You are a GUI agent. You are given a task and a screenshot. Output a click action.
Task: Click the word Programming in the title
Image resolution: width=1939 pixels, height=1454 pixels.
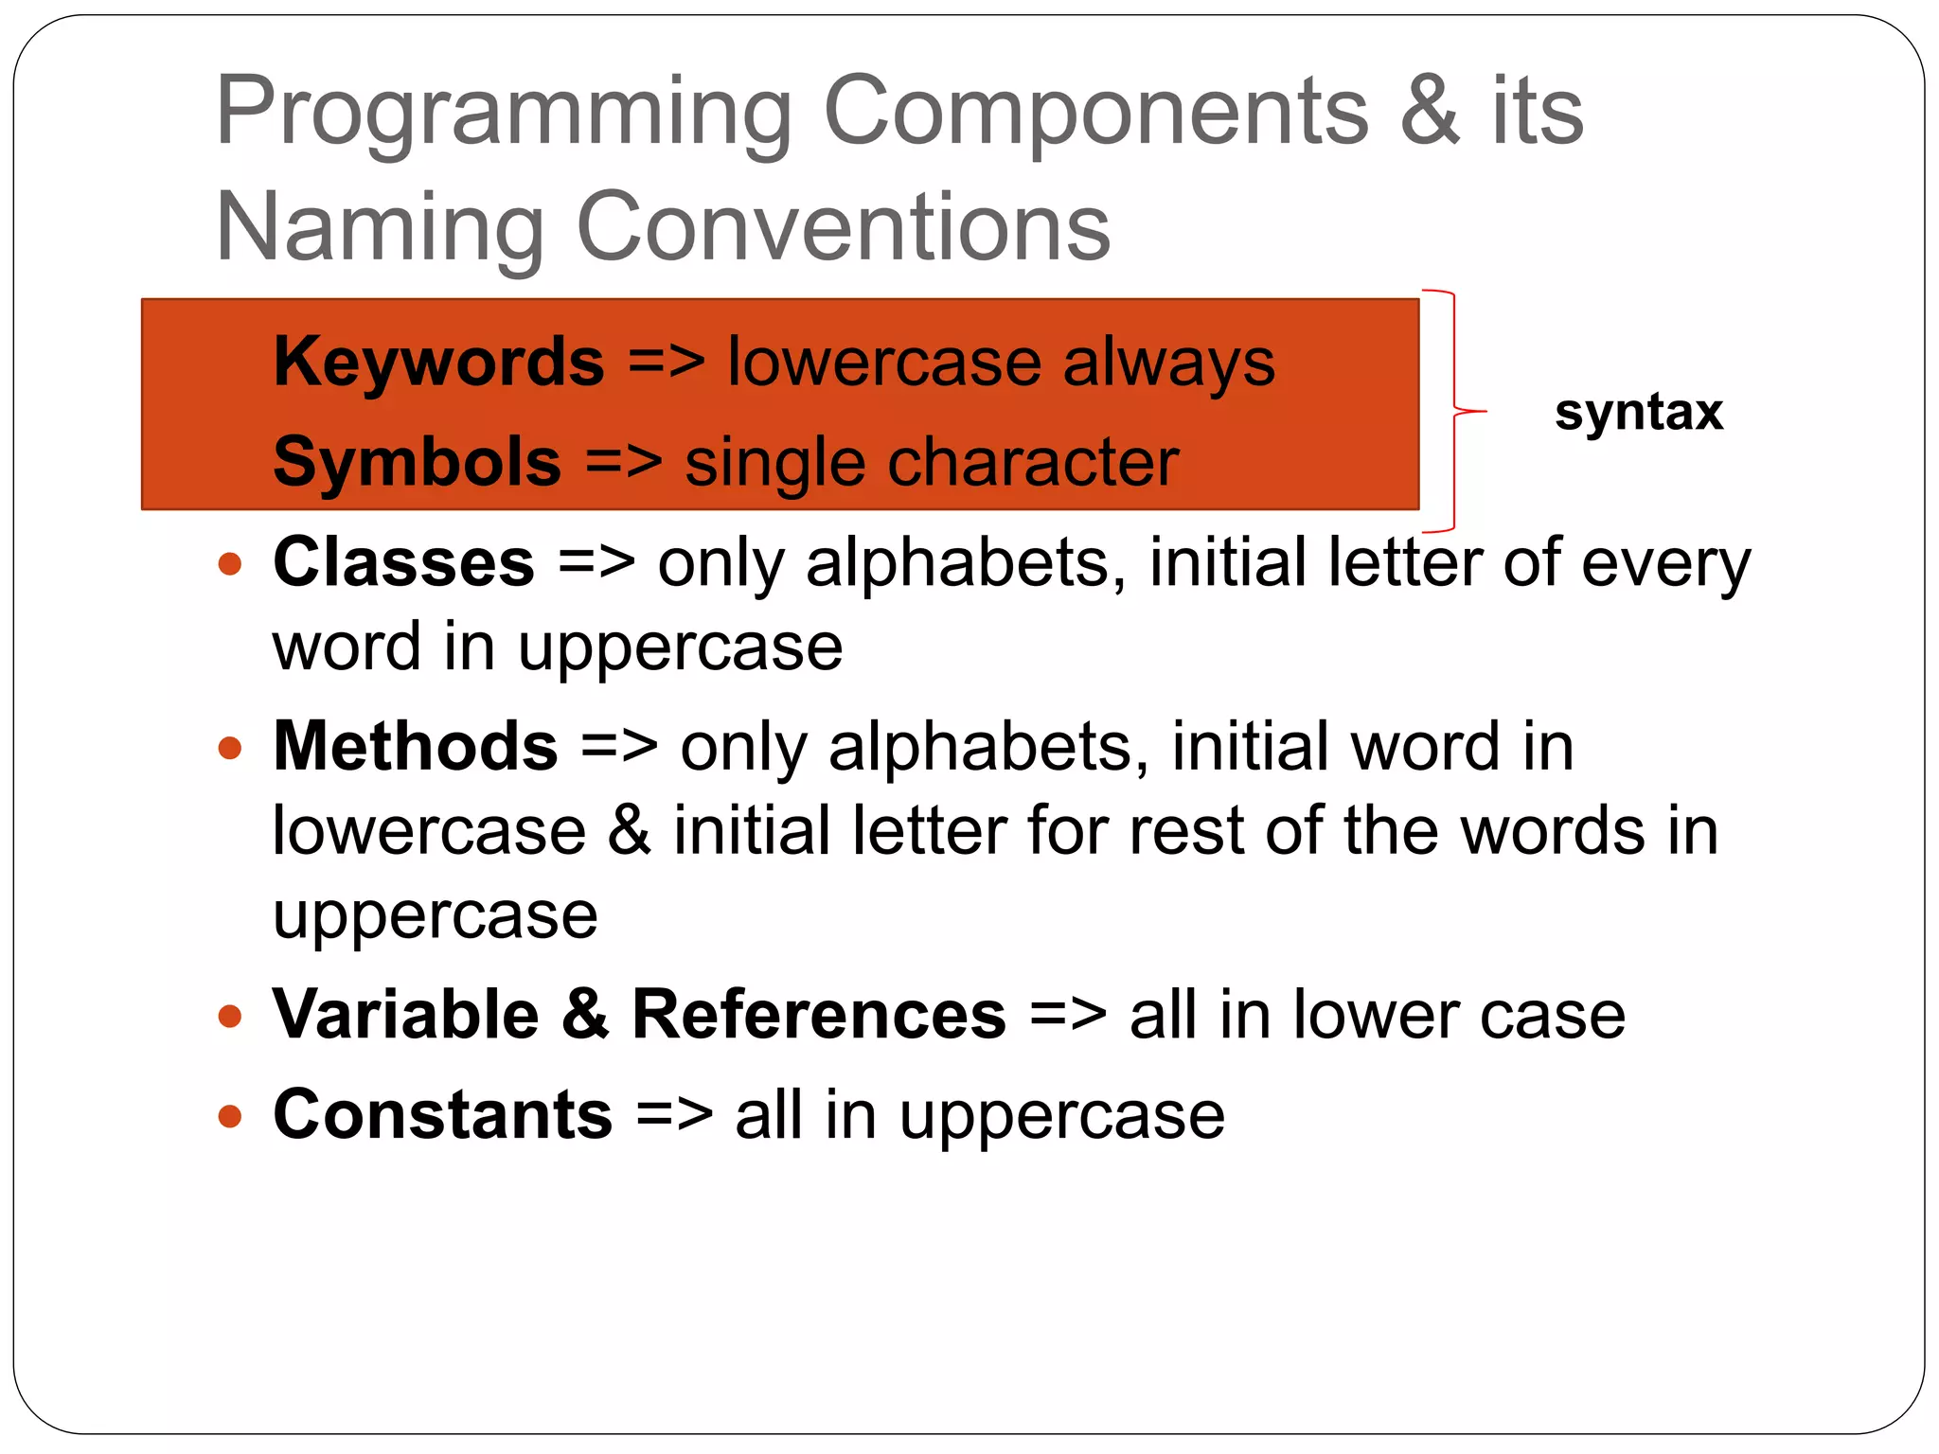(x=504, y=114)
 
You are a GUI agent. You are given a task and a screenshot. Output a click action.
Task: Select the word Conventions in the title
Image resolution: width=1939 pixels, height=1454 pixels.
(x=843, y=228)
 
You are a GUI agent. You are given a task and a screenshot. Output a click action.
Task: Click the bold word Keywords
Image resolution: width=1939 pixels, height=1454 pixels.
(x=438, y=363)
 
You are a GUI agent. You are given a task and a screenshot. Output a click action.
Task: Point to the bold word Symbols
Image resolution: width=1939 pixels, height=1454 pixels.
(x=418, y=463)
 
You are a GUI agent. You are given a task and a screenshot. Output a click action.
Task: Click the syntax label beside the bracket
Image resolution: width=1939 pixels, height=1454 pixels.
(x=1638, y=413)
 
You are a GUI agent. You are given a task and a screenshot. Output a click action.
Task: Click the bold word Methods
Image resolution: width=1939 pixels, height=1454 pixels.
(x=416, y=747)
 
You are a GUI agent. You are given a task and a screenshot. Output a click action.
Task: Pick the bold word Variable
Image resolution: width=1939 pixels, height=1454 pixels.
(x=406, y=1015)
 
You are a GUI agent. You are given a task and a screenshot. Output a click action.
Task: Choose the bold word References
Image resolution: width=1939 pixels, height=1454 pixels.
(x=819, y=1015)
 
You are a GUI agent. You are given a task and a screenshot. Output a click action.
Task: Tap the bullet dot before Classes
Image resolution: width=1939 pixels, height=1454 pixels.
(x=230, y=565)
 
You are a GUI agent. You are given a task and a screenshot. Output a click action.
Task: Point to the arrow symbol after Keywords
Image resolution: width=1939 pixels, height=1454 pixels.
(x=667, y=363)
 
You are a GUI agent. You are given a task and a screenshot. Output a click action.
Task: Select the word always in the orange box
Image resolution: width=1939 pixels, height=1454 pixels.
(x=1168, y=363)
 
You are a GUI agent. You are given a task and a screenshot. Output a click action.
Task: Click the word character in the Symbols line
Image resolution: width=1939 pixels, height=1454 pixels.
(x=1026, y=463)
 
